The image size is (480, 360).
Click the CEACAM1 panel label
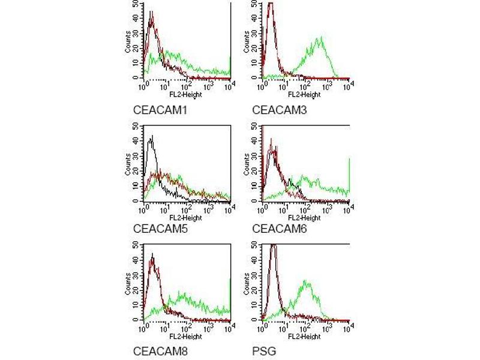158,110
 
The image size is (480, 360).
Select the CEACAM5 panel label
158,228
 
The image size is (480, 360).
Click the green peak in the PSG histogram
307,281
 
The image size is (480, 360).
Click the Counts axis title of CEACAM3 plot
247,46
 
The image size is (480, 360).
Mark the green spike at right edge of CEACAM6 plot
349,174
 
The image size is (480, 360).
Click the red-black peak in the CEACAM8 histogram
153,258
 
